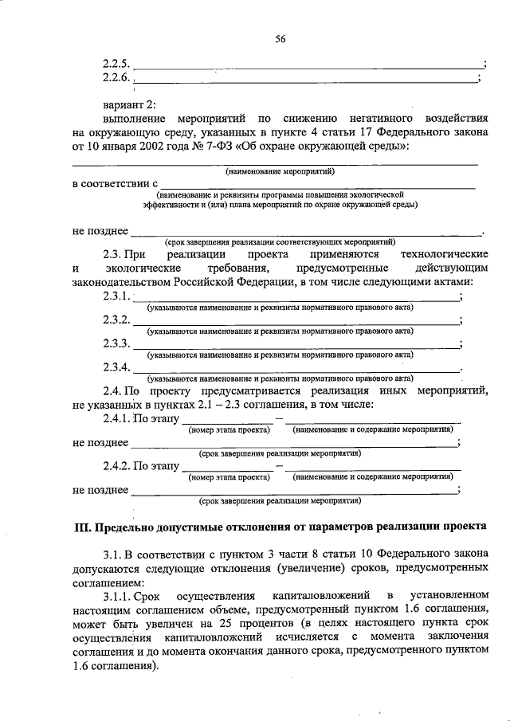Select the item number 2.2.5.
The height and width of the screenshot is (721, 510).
117,63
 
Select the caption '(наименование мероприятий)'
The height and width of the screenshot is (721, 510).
279,171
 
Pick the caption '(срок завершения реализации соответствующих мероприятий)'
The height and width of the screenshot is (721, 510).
280,241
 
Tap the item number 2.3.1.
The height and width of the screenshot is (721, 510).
116,296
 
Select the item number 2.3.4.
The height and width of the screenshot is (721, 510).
116,367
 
